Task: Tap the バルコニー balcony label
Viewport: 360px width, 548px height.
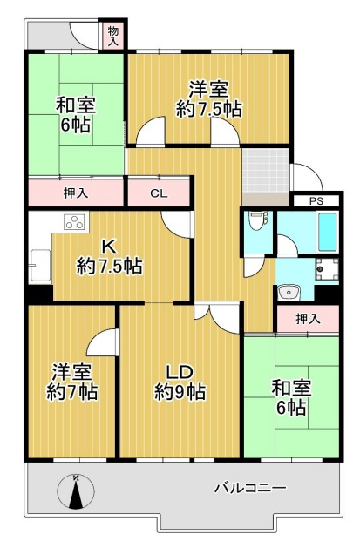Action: [250, 488]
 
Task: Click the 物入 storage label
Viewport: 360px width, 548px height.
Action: [113, 35]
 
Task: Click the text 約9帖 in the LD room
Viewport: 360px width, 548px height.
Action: [180, 392]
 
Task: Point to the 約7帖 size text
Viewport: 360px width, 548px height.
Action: [71, 392]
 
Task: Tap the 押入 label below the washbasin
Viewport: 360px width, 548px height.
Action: [307, 319]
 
